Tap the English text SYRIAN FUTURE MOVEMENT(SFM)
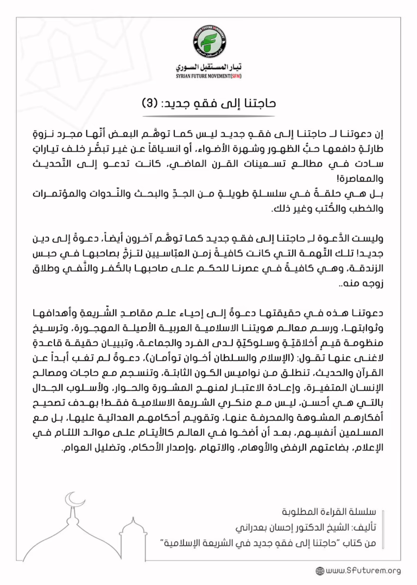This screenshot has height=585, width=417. (x=208, y=77)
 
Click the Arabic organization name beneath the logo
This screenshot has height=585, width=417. (x=208, y=68)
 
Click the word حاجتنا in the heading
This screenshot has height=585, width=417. (x=258, y=103)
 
